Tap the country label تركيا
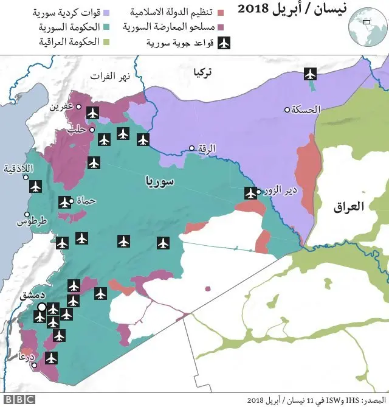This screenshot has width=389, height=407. [202, 72]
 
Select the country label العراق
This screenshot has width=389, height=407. [349, 206]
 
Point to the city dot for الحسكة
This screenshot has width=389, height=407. [287, 110]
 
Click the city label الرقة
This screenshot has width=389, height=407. [207, 148]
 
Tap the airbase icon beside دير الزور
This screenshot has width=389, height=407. [250, 193]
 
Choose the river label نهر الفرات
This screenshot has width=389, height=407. [109, 76]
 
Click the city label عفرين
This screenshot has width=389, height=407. [61, 106]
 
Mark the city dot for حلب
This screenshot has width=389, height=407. [92, 130]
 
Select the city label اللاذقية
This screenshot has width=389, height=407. [19, 169]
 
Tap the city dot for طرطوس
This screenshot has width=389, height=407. [27, 214]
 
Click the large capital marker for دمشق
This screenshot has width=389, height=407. [41, 307]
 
